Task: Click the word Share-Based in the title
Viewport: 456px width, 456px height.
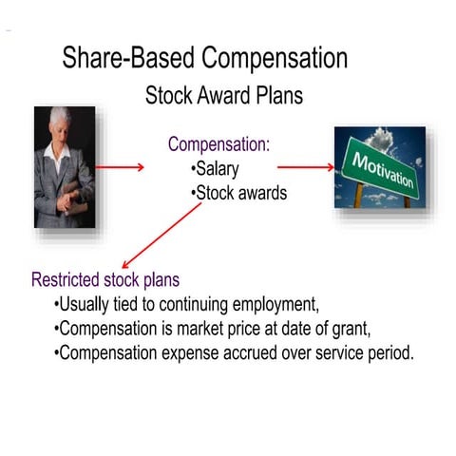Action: point(123,58)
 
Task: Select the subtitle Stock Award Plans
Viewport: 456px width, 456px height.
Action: point(223,96)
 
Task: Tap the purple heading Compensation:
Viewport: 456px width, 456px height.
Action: point(218,144)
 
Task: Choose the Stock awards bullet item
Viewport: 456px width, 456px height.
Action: point(240,193)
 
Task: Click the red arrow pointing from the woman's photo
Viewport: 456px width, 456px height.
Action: point(120,167)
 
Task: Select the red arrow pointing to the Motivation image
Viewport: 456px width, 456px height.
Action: point(305,167)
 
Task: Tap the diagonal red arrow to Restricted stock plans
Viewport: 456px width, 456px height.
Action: point(161,235)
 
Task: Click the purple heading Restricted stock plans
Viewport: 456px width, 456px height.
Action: point(105,280)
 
